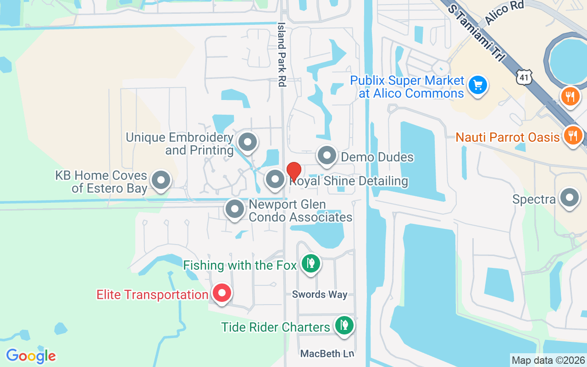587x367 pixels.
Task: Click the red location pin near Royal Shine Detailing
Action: click(x=293, y=172)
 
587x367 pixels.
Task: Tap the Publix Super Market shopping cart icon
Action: click(x=478, y=85)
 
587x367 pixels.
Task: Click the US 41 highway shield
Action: click(x=524, y=78)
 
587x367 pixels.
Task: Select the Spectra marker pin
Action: click(x=570, y=199)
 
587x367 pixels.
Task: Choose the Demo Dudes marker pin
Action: click(x=327, y=156)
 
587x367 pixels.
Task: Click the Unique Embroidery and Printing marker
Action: click(x=248, y=142)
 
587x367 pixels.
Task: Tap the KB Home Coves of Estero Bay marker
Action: click(x=161, y=180)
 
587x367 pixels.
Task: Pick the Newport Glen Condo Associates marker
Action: click(x=235, y=209)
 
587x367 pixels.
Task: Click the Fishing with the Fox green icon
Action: click(x=311, y=264)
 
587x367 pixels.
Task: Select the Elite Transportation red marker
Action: click(x=222, y=293)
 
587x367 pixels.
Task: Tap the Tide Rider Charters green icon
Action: click(x=343, y=325)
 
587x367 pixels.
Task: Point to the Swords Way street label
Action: click(x=320, y=295)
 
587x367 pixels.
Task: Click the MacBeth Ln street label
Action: click(x=327, y=354)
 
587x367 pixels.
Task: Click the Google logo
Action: click(x=31, y=356)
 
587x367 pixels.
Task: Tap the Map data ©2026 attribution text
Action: click(x=548, y=360)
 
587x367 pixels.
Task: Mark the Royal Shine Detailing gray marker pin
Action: click(x=275, y=179)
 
